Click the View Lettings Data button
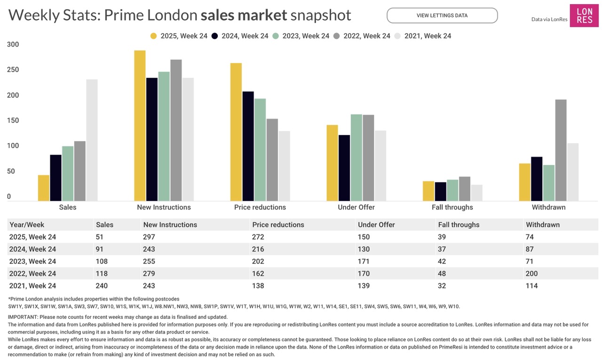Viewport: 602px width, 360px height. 442,16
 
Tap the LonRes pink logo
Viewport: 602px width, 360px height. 584,16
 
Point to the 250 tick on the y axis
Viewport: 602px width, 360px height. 13,70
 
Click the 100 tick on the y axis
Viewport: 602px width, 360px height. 13,146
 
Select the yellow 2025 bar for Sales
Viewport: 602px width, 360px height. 44,188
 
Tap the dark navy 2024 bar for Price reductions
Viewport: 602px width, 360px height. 248,146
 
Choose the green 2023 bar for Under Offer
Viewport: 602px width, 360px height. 356,157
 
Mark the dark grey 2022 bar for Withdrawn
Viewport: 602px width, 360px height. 561,150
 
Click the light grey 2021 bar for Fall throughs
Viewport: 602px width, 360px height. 476,193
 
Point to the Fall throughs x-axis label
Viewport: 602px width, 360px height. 452,207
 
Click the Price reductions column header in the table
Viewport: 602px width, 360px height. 278,225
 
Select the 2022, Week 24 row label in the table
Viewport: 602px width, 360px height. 32,274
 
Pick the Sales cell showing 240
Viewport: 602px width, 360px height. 102,286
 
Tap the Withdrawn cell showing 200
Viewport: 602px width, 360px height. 532,274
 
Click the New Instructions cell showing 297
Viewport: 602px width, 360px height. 149,237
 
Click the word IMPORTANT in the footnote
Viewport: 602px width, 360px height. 23,317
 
